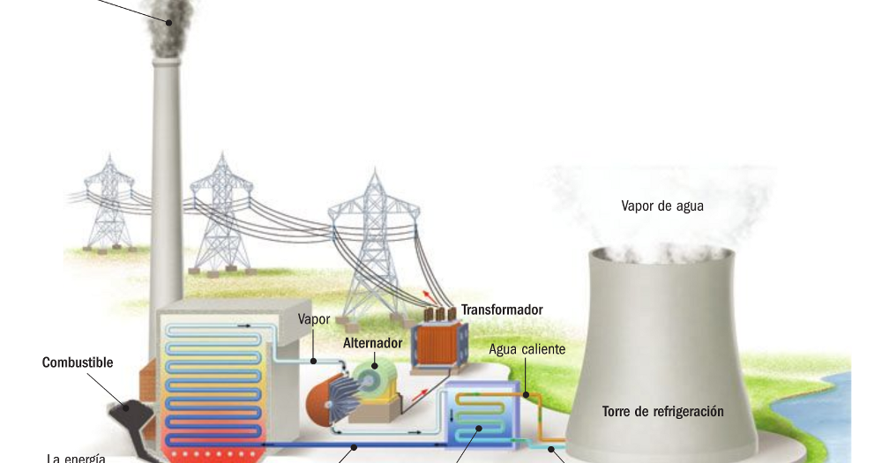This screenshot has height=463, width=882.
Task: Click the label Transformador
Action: click(501, 310)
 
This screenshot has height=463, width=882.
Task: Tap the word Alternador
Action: click(371, 342)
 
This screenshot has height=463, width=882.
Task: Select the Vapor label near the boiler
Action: click(314, 319)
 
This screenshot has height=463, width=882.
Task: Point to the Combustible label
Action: click(78, 362)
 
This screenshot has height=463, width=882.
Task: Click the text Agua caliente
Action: click(527, 349)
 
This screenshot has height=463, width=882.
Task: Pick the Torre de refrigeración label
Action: click(662, 411)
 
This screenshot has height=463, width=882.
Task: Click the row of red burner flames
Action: click(217, 453)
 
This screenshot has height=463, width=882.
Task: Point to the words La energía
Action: click(76, 458)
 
